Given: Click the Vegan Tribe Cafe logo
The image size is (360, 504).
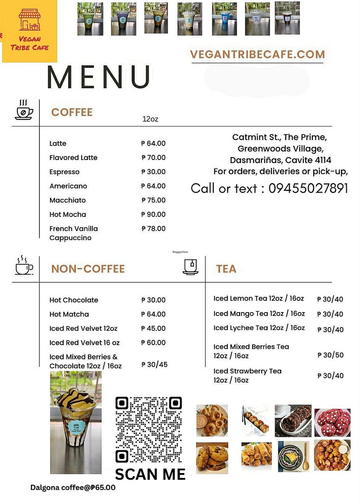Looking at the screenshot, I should tap(30, 31).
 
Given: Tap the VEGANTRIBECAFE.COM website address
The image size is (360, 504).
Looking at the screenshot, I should tap(257, 54).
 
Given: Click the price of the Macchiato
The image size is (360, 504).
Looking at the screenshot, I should tap(154, 200).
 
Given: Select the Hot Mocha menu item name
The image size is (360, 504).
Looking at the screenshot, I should tap(67, 214).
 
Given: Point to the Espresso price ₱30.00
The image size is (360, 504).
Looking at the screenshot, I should tap(153, 172).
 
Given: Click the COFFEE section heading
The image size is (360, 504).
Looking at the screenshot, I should tap(72, 112).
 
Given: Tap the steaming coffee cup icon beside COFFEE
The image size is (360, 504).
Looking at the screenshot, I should tap(24, 110).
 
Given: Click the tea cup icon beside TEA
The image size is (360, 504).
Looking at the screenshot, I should tap(191, 267).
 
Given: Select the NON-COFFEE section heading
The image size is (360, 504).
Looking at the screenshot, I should tap(88, 269).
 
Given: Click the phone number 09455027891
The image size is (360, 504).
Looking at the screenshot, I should tap(308, 188).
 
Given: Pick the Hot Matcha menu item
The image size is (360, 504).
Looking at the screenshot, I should tap(69, 314).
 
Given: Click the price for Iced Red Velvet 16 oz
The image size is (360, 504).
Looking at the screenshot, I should tap(153, 343).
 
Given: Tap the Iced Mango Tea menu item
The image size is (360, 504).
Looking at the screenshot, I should tap(259, 314).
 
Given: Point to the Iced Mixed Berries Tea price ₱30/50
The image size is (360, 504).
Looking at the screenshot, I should tap(330, 355).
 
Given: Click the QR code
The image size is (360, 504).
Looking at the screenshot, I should tap(149, 429).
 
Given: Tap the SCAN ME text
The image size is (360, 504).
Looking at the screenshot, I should tap(150, 474).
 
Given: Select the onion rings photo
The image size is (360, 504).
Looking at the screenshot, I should tap(212, 420).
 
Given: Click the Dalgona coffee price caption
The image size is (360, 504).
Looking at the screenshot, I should tap(73, 487).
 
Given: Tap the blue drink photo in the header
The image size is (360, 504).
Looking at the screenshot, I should tap(224, 19).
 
